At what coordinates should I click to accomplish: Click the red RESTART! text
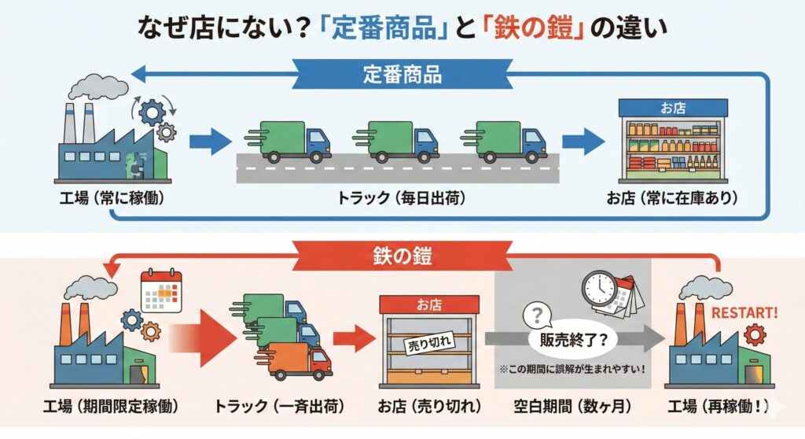pos(744,312)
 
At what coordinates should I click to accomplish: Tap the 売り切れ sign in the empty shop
pos(425,343)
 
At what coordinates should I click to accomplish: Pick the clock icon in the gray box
pos(599,289)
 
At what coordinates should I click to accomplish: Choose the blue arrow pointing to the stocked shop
pos(583,142)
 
